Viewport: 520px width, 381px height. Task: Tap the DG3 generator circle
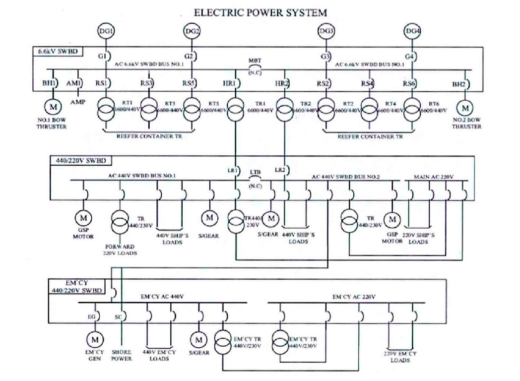click(326, 31)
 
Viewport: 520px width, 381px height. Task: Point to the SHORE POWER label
click(121, 355)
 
